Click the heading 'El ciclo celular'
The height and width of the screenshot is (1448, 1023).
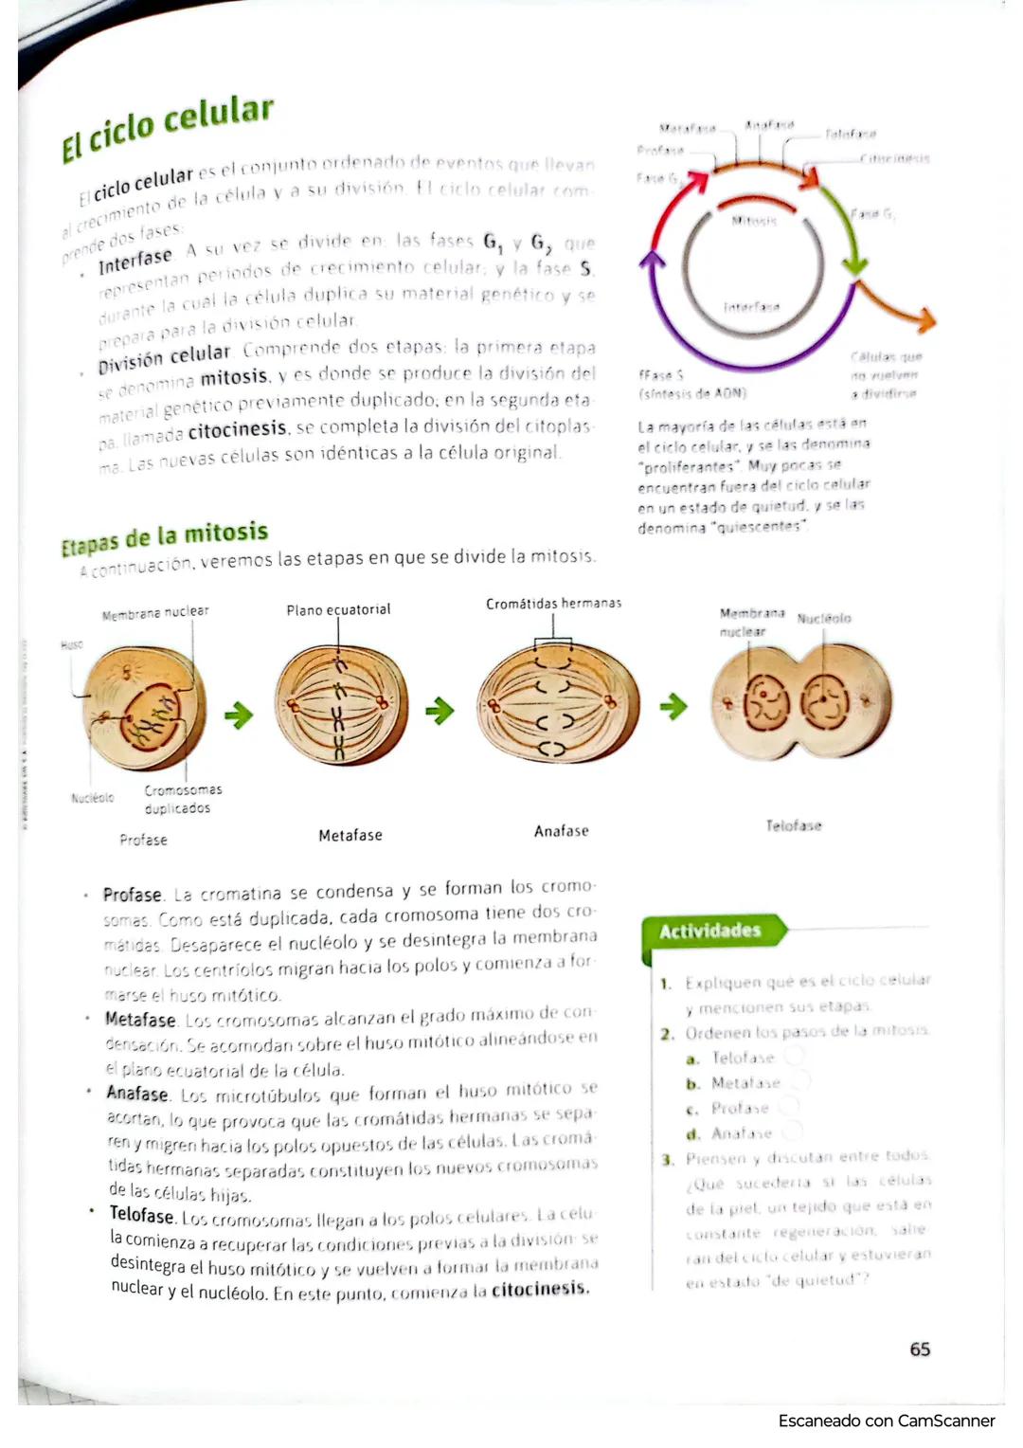(168, 128)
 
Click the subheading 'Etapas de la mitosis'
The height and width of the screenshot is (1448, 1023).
(165, 537)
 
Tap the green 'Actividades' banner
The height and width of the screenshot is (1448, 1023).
(710, 931)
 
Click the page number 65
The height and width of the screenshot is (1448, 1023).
(920, 1348)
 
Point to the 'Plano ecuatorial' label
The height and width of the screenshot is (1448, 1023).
(338, 609)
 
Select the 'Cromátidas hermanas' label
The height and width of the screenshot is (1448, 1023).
(553, 604)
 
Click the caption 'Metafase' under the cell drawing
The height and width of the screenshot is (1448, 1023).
(350, 835)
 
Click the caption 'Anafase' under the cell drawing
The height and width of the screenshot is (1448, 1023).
(561, 831)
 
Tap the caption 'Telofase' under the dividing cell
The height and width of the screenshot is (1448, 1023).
(794, 825)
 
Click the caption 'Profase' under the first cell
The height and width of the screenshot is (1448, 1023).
(143, 840)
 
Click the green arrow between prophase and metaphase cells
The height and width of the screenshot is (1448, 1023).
(239, 714)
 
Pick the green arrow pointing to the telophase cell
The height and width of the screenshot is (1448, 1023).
(673, 706)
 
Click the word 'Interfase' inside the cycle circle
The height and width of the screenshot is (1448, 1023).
(752, 307)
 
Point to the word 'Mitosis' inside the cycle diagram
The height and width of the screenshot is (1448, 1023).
(754, 221)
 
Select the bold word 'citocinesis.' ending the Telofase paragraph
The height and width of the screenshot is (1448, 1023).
(541, 1289)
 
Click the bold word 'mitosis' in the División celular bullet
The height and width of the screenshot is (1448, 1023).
(235, 377)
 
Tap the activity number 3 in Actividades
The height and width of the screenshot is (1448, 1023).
(667, 1159)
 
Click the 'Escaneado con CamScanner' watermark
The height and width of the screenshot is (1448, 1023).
(887, 1421)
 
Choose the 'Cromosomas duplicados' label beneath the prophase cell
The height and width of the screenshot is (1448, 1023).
(182, 799)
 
